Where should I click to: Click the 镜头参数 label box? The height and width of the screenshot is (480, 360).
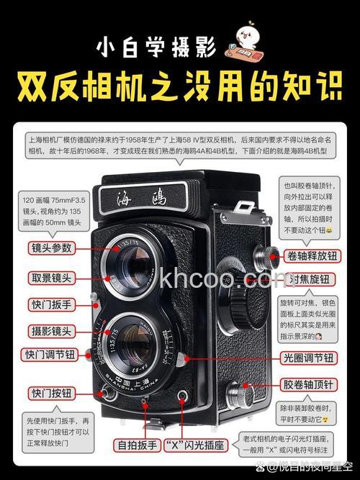coord(51,248)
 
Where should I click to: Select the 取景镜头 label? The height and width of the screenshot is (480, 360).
coord(51,277)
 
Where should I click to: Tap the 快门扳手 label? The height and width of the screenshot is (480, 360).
coord(51,304)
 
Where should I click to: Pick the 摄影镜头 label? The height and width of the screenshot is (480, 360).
coord(51,330)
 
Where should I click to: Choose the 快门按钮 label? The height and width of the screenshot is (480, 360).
coord(51,393)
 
